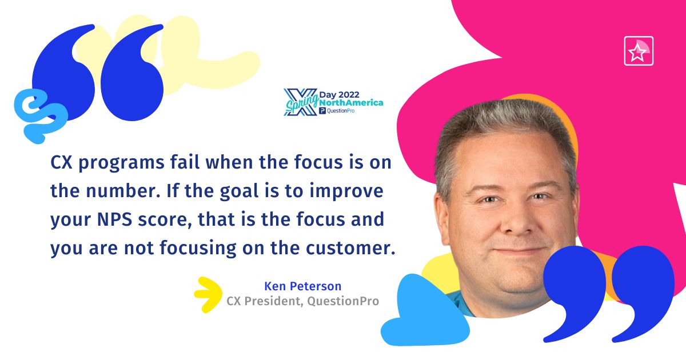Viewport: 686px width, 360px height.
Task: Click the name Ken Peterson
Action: point(302,286)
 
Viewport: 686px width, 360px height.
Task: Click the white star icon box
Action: point(639,51)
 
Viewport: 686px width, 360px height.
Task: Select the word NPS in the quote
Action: point(114,219)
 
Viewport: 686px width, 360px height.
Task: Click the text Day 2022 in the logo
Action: point(340,95)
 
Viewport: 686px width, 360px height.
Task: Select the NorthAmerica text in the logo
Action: point(351,102)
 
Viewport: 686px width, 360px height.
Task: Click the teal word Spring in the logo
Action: point(301,103)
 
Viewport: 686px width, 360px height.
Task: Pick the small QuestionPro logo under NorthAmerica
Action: point(337,111)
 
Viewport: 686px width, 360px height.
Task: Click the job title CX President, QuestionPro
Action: point(302,301)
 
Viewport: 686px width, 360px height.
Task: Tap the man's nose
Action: point(516,220)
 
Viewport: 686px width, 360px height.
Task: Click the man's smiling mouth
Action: point(519,251)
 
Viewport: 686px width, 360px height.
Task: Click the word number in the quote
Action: point(123,191)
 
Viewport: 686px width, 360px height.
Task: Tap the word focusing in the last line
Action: point(198,249)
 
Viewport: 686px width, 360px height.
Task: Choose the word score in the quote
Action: point(162,220)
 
